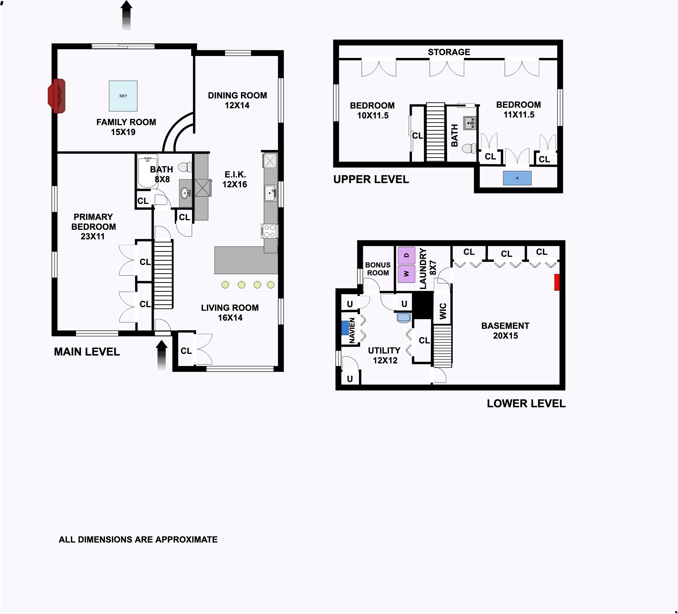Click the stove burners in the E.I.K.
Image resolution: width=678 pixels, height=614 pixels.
[269, 231]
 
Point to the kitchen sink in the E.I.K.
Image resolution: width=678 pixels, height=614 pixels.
[270, 194]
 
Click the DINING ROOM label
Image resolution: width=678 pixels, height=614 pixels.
[237, 95]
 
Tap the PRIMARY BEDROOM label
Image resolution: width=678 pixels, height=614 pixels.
[93, 222]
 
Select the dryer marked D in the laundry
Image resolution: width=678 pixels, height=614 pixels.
[406, 256]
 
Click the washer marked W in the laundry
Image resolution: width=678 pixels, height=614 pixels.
[406, 274]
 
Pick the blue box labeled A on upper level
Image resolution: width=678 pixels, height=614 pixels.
[517, 178]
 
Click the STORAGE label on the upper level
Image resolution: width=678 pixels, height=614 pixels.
[449, 52]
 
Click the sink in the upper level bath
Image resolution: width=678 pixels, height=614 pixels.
[469, 123]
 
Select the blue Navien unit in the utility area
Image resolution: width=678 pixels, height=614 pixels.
[345, 328]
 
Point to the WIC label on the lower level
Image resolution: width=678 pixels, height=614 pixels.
[443, 311]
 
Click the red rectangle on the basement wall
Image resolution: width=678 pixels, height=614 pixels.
[557, 282]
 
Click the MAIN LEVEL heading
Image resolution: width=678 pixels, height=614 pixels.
[87, 352]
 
